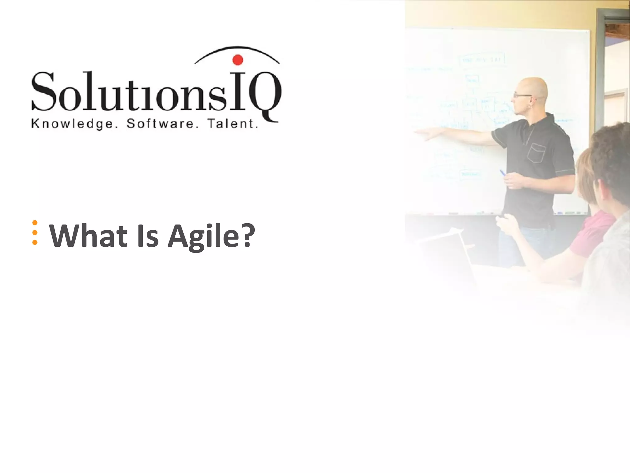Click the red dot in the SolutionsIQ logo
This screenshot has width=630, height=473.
(x=237, y=60)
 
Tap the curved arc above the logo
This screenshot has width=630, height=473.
(x=237, y=48)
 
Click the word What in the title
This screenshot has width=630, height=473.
(x=88, y=236)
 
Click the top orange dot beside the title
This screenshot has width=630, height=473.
(x=35, y=223)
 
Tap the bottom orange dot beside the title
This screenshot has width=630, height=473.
(x=35, y=242)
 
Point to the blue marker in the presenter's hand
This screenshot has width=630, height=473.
(x=503, y=173)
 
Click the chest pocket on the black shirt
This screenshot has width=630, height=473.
(x=536, y=153)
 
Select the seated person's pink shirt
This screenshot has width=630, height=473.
(x=592, y=234)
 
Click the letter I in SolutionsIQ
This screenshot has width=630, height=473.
(x=238, y=92)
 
